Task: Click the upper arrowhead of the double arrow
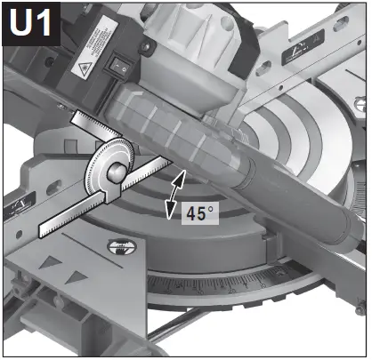click(181, 177)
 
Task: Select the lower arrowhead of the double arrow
click(170, 212)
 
